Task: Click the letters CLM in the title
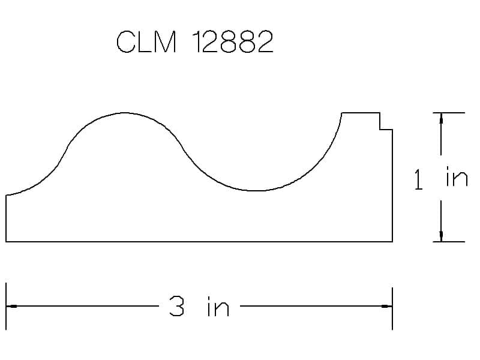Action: tap(146, 41)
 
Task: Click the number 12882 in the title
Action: tap(233, 41)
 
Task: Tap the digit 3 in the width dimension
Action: tap(176, 306)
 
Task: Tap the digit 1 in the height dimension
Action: tap(418, 179)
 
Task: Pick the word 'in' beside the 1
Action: tap(457, 176)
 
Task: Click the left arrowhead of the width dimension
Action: tap(11, 306)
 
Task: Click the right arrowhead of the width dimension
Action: tap(386, 306)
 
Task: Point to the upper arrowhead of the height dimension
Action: tap(441, 118)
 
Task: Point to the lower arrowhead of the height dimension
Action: tap(441, 236)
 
